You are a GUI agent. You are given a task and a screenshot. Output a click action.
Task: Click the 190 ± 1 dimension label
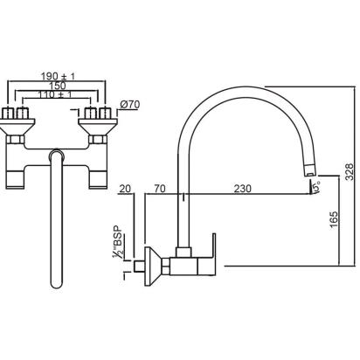tap(58, 77)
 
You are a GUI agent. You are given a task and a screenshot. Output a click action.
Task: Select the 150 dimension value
tap(58, 86)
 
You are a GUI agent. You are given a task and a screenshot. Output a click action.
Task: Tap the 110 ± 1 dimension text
tap(54, 94)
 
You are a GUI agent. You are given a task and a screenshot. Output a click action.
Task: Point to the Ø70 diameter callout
tap(130, 104)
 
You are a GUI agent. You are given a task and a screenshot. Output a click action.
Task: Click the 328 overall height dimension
tap(350, 172)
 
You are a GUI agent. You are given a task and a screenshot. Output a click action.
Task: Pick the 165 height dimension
tap(334, 220)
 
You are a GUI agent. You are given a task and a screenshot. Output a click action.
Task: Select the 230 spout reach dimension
tap(242, 189)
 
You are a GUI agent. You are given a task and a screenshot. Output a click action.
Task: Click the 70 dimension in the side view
tap(160, 189)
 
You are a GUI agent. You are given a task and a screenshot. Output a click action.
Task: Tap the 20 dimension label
tap(126, 189)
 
